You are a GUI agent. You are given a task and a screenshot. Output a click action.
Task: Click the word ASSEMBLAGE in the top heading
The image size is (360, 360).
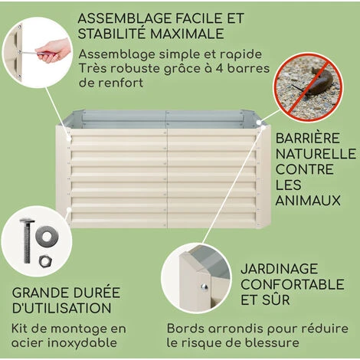pyautogui.click(x=125, y=18)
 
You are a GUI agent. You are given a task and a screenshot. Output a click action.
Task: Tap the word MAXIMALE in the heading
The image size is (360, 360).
pyautogui.click(x=187, y=34)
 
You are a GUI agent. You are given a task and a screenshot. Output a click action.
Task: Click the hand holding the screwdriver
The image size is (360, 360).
pyautogui.click(x=54, y=51)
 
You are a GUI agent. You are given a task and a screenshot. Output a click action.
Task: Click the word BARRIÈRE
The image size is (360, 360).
pyautogui.click(x=307, y=139)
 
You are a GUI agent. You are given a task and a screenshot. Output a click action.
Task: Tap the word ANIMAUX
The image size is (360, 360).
pyautogui.click(x=308, y=200)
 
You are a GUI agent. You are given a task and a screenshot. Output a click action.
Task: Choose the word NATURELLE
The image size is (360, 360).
pyautogui.click(x=316, y=154)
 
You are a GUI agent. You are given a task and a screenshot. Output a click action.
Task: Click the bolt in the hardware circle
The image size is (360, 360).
pyautogui.click(x=28, y=241)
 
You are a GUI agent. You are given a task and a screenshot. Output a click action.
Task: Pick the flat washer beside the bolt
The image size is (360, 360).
pyautogui.click(x=47, y=237)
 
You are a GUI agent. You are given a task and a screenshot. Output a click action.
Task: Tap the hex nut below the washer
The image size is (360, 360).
pyautogui.click(x=45, y=261)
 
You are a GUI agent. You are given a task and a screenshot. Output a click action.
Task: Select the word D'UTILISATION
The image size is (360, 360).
pyautogui.click(x=62, y=308)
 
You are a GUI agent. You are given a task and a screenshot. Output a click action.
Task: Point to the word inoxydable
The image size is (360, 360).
pyautogui.click(x=82, y=342)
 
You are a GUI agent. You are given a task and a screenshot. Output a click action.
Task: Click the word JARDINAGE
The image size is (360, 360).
pyautogui.click(x=280, y=269)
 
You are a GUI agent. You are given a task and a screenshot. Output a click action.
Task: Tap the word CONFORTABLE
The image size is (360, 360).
pyautogui.click(x=293, y=284)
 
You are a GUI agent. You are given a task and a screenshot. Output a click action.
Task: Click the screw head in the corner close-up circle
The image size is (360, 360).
pyautogui.click(x=204, y=287)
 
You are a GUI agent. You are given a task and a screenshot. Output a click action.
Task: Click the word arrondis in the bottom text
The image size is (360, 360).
pyautogui.click(x=232, y=329)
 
